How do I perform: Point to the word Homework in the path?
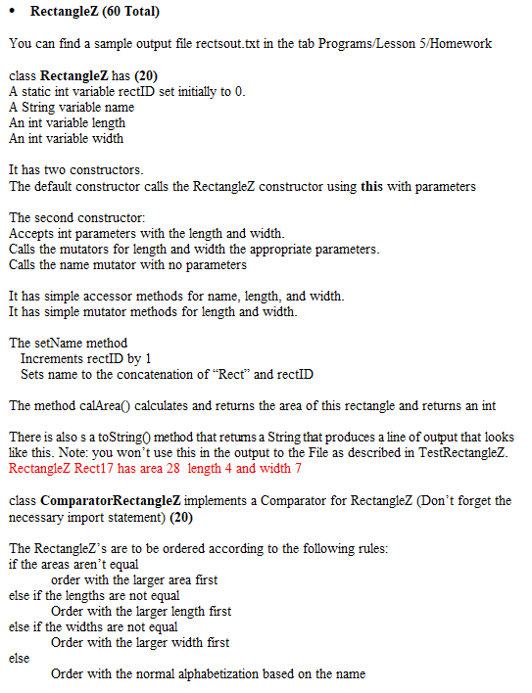(463, 44)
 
